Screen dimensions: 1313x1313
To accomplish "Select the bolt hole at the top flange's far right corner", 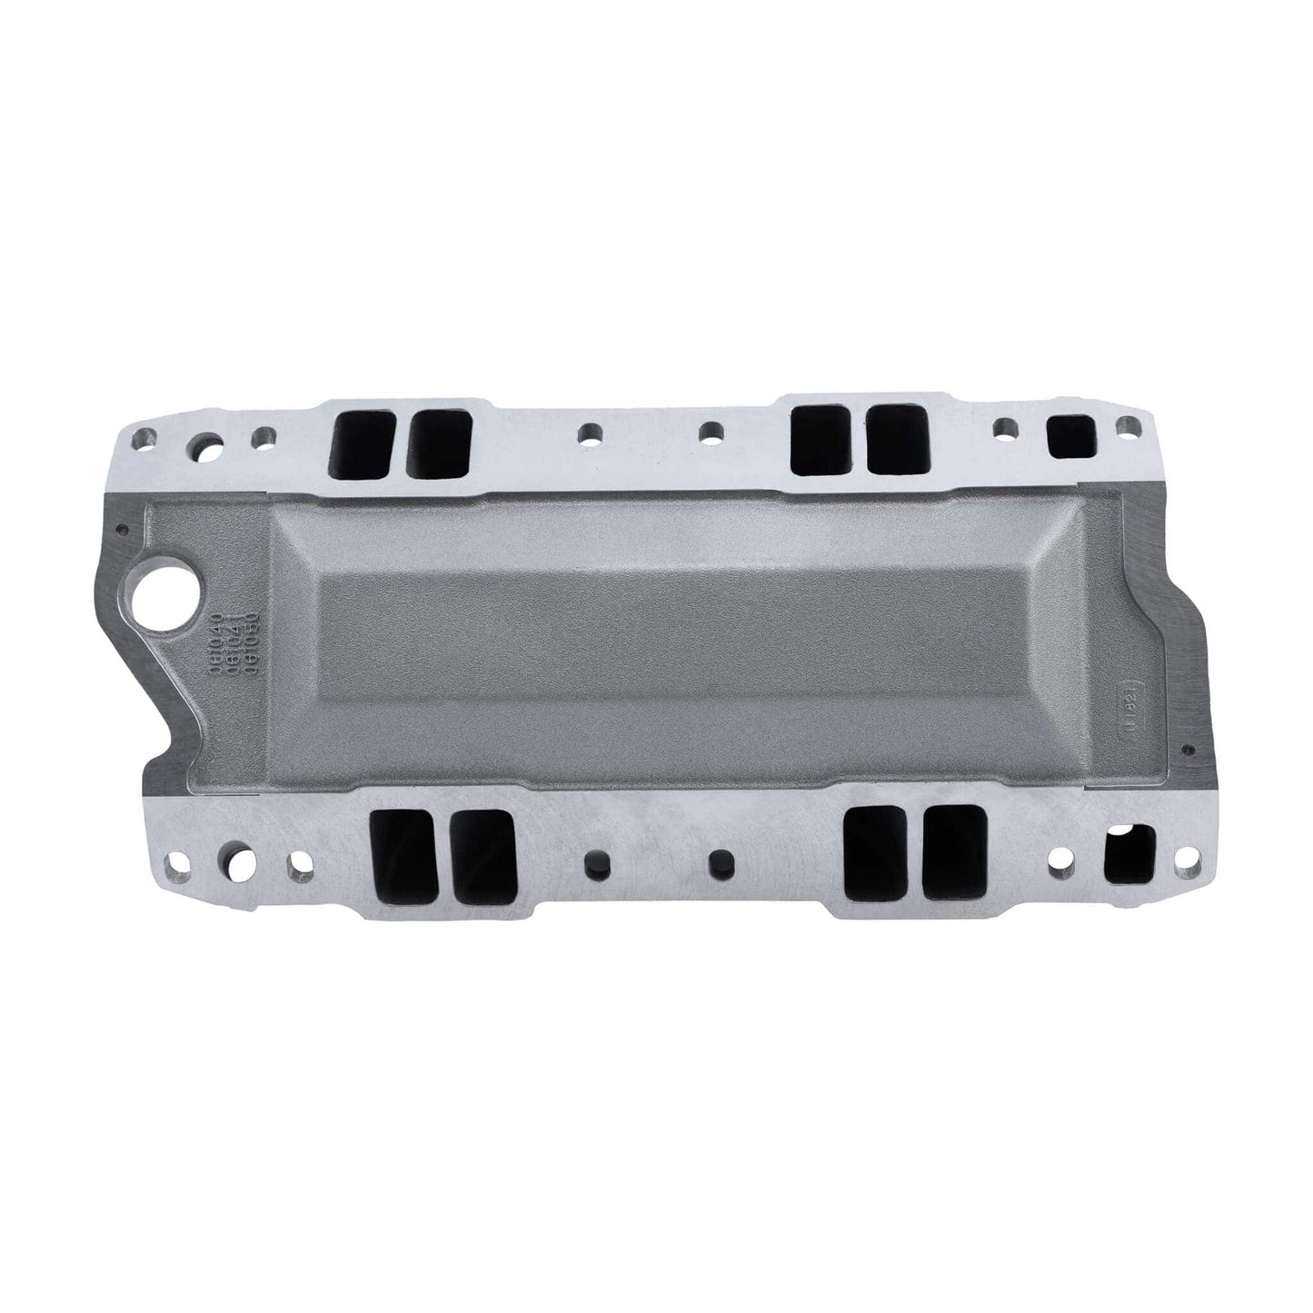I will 1129,424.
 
